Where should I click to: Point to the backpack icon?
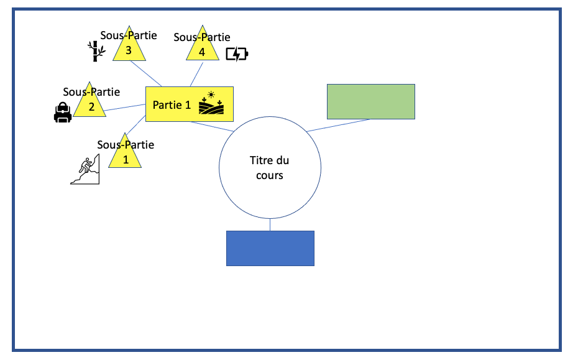[62, 113]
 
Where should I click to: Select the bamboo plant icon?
[94, 52]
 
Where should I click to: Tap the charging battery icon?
[236, 54]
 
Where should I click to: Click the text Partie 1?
[172, 105]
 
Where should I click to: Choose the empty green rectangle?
[370, 101]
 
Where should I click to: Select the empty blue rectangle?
[270, 248]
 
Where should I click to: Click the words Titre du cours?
[270, 168]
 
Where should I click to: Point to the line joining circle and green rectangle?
[339, 125]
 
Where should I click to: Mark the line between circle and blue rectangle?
[270, 224]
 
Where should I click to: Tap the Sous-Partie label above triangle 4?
[202, 37]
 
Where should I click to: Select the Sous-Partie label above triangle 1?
[126, 145]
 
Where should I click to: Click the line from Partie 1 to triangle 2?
[124, 108]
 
